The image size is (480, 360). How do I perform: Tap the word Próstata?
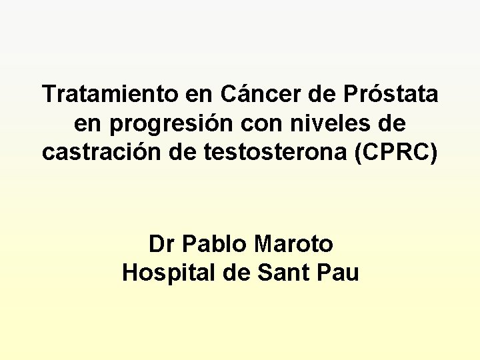coord(391,94)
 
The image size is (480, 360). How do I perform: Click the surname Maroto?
coord(293,244)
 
